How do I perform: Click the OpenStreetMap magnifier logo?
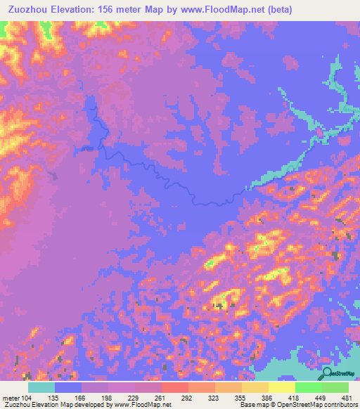pyautogui.click(x=326, y=373)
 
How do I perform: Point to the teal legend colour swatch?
pyautogui.click(x=41, y=387)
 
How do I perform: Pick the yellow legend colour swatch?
pyautogui.click(x=282, y=387)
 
